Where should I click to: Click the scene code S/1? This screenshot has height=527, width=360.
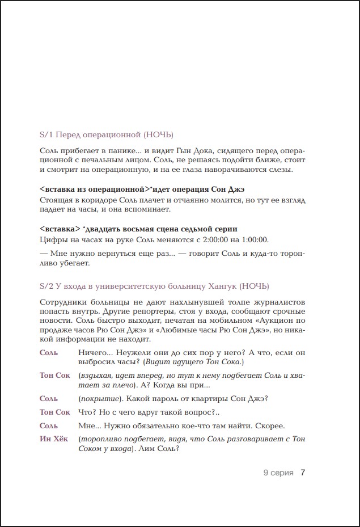(45, 134)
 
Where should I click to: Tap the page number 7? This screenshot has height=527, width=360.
(303, 473)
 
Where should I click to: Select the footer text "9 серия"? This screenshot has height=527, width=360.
(278, 473)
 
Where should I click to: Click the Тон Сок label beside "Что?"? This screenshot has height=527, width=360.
(55, 412)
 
